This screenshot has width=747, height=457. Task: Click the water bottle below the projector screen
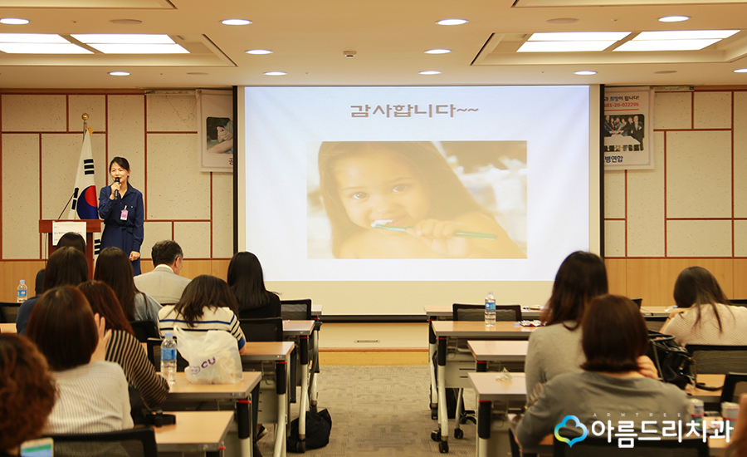pos(490,308)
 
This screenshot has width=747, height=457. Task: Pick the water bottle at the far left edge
pos(22,291)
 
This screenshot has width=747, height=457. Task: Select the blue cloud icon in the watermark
pos(570,430)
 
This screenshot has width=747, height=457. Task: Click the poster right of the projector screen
pos(627,129)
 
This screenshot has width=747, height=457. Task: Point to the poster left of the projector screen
pos(217,130)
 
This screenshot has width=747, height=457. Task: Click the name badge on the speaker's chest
pos(124,214)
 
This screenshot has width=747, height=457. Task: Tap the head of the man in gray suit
pos(167,254)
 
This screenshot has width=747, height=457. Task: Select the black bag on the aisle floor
pos(314,428)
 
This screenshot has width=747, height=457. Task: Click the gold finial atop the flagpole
pos(84,119)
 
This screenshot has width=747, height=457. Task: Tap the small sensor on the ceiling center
pos(349,54)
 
